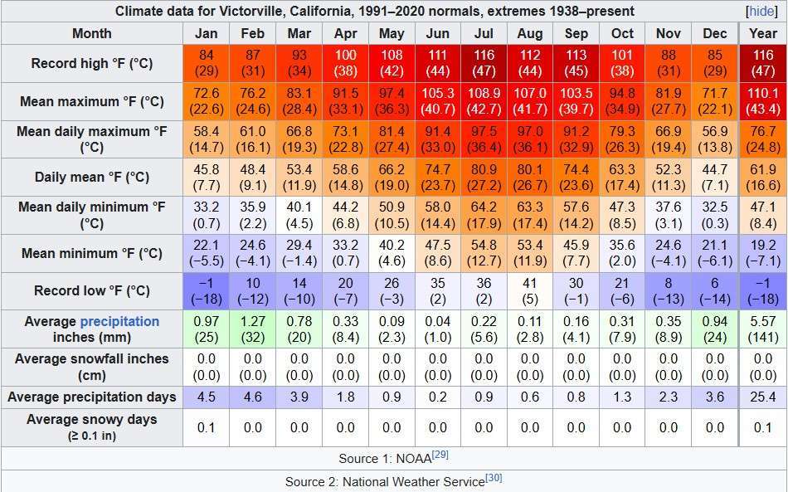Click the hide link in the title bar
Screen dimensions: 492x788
pyautogui.click(x=761, y=12)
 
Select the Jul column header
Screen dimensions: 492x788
pyautogui.click(x=484, y=33)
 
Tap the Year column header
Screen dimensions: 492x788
pyautogui.click(x=763, y=33)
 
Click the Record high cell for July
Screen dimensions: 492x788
pyautogui.click(x=484, y=63)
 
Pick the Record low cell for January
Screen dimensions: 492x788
pyautogui.click(x=207, y=290)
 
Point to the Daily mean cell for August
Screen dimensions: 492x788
pyautogui.click(x=530, y=177)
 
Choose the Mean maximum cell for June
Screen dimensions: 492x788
pyautogui.click(x=437, y=101)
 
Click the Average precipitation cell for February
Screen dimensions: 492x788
pyautogui.click(x=253, y=329)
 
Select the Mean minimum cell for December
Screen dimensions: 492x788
pyautogui.click(x=714, y=253)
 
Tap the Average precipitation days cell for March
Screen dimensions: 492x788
pyautogui.click(x=299, y=397)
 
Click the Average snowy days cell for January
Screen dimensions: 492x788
pyautogui.click(x=207, y=427)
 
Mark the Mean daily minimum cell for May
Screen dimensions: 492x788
pyautogui.click(x=392, y=215)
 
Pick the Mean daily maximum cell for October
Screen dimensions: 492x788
pyautogui.click(x=622, y=139)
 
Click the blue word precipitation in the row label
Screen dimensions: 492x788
pyautogui.click(x=119, y=321)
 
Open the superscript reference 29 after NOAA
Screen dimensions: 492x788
pyautogui.click(x=440, y=455)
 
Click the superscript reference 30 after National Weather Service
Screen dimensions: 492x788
pyautogui.click(x=494, y=479)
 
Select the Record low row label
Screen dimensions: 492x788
pyautogui.click(x=92, y=290)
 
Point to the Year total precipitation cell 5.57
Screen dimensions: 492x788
pyautogui.click(x=763, y=329)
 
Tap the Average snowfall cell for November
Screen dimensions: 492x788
pyautogui.click(x=669, y=367)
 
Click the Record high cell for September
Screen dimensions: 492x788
pyautogui.click(x=576, y=63)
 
